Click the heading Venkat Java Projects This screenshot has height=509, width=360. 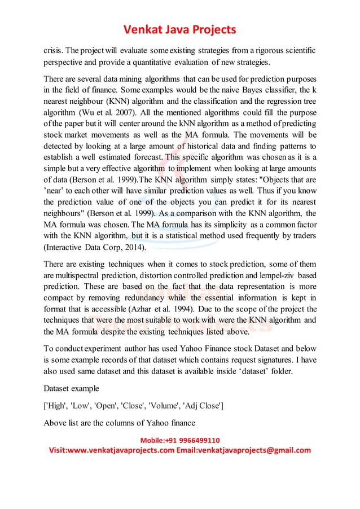180,29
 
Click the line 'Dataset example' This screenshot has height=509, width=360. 71,388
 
